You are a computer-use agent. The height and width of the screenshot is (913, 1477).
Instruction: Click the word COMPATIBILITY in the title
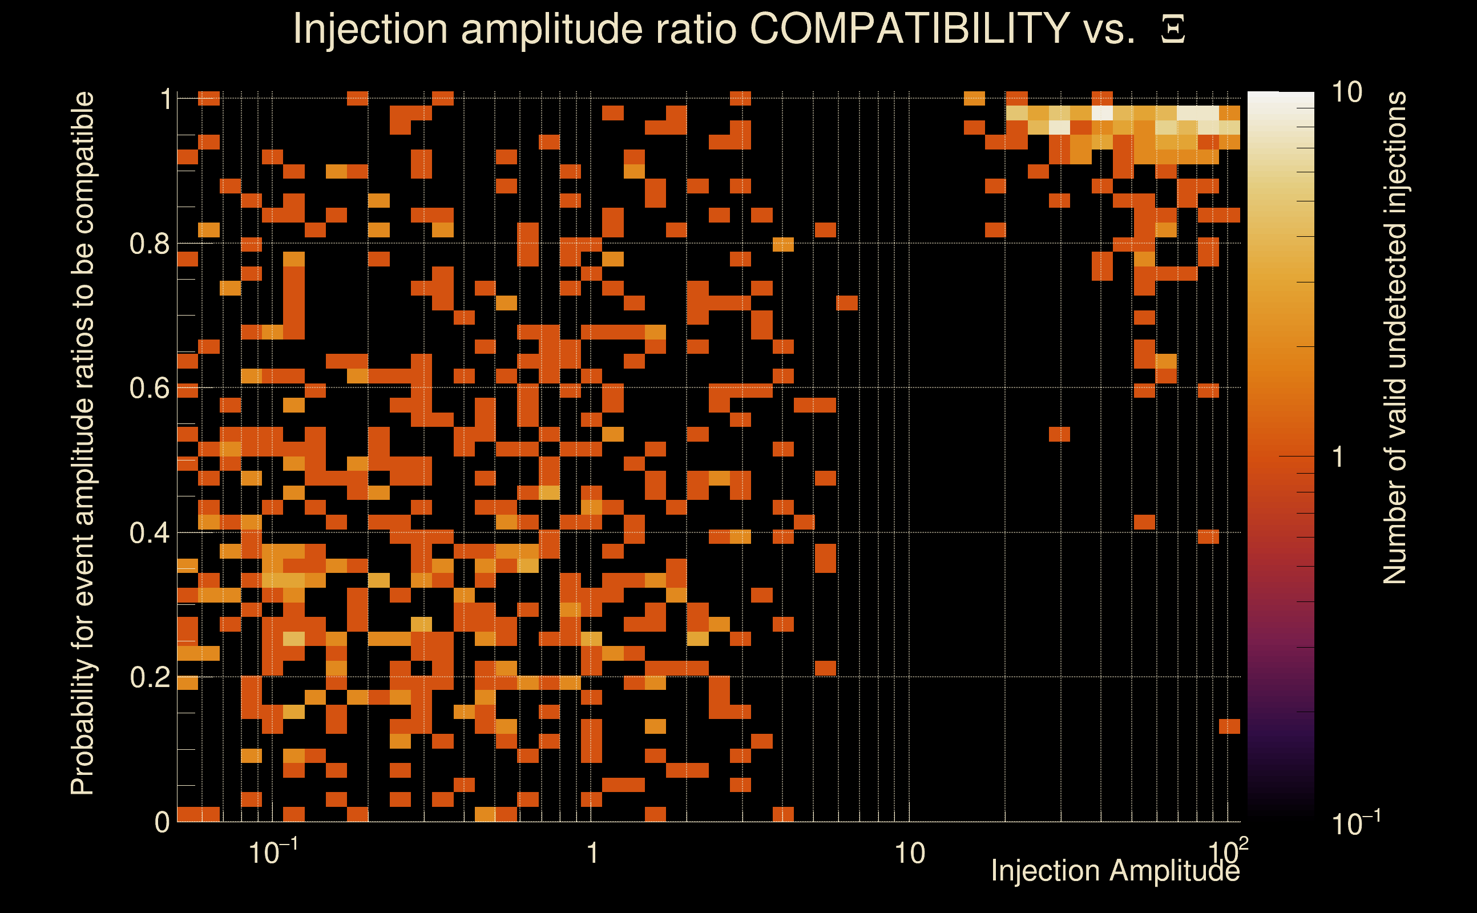click(909, 29)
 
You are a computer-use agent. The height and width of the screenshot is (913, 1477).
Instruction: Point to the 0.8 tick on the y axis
click(149, 244)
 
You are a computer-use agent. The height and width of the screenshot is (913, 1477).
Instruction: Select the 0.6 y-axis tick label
click(149, 388)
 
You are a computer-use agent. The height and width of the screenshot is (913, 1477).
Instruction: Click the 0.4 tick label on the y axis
click(149, 533)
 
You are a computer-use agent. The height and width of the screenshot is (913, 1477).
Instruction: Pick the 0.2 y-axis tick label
click(149, 677)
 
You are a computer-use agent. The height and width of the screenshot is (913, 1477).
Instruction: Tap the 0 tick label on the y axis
click(162, 822)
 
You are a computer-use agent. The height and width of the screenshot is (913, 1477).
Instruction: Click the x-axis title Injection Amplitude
click(1115, 871)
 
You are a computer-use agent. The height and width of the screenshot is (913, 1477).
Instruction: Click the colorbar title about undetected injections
click(1395, 338)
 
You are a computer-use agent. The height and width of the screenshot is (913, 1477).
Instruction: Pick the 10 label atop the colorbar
click(1346, 92)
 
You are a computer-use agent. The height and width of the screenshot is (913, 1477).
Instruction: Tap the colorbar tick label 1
click(1338, 457)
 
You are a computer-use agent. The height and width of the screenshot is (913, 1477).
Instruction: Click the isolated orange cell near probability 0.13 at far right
click(1229, 726)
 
